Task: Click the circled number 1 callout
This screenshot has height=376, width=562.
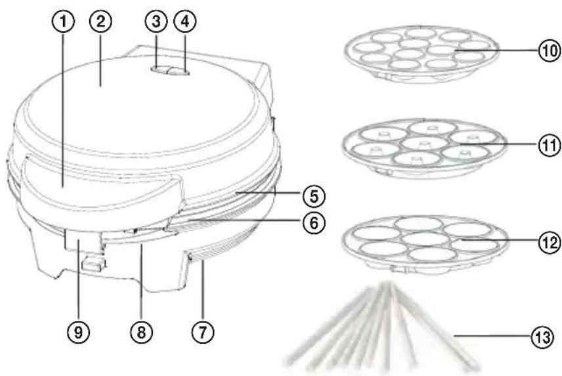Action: [x=64, y=22]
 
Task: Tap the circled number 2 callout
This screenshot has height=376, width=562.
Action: [x=100, y=22]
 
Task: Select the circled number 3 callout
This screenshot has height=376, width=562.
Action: [x=156, y=22]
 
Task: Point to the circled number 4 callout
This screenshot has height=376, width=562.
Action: [x=184, y=22]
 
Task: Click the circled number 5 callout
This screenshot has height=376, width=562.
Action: [x=314, y=196]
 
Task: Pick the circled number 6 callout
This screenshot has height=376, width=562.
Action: [x=314, y=222]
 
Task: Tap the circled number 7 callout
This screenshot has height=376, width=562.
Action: [x=202, y=332]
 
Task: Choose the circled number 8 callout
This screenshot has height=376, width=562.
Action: [x=141, y=332]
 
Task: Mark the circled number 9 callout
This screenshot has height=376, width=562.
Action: [x=79, y=332]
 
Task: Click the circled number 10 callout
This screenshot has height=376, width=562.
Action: [x=550, y=51]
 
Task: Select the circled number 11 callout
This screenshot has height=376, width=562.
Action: [x=550, y=145]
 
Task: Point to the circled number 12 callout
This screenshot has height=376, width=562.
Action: [x=550, y=243]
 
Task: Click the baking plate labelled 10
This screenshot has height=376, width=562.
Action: [x=421, y=54]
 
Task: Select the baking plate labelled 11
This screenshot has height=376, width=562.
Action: [x=424, y=148]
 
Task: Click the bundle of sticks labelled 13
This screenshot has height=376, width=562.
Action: [x=383, y=326]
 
